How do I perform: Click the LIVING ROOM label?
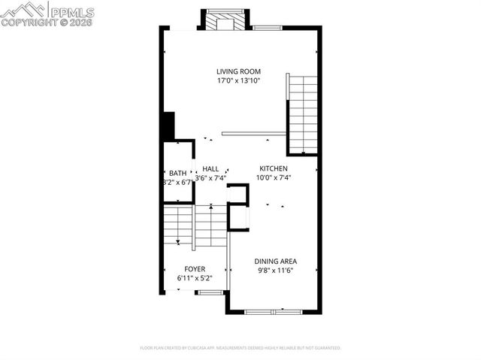point(238,71)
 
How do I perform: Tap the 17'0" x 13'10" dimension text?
point(238,80)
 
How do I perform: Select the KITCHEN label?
point(274,168)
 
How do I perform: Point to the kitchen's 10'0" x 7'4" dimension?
point(274,178)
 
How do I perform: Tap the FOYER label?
point(195,268)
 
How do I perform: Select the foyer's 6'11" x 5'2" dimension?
point(195,278)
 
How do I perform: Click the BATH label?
point(177,173)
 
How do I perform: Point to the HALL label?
point(210,169)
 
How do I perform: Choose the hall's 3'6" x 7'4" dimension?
point(211,178)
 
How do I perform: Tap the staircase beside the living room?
point(302,113)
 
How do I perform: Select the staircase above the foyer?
point(195,225)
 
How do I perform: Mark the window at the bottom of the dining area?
point(273,310)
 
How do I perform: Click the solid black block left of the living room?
point(168,125)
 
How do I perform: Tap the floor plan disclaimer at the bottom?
point(240,348)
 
